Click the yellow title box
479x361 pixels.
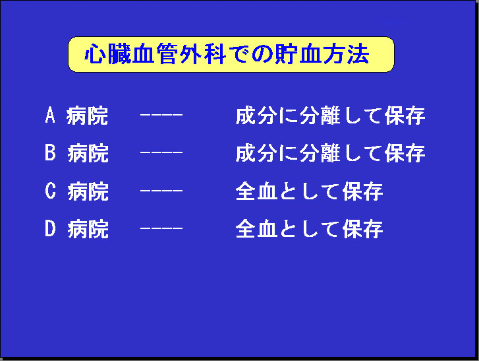pos(231,55)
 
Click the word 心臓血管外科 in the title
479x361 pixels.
pos(155,54)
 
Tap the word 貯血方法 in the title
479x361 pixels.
pos(322,54)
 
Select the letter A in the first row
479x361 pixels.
pos(50,115)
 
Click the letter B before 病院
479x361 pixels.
pos(51,152)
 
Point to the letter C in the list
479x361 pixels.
pos(51,191)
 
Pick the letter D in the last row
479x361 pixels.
pos(51,228)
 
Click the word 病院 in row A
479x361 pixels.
pos(88,115)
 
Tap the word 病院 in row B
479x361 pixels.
pos(88,153)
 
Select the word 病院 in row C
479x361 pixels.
pos(88,191)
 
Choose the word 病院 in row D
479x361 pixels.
pos(88,229)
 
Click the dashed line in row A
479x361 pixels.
pos(161,115)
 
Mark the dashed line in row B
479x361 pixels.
pos(161,152)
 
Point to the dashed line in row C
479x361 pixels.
pos(161,191)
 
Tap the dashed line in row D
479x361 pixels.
pos(161,228)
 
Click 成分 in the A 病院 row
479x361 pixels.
pos(256,115)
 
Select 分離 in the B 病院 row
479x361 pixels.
pos(320,153)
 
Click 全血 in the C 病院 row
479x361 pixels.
pos(256,191)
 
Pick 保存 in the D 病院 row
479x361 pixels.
pos(362,229)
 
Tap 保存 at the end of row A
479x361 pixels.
pos(405,115)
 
